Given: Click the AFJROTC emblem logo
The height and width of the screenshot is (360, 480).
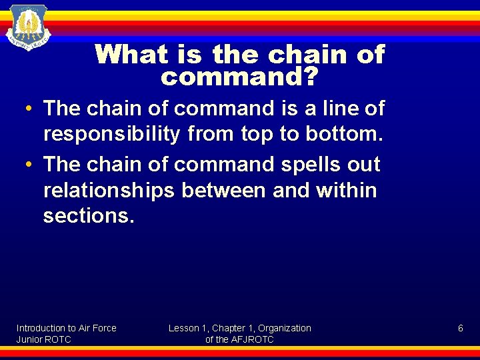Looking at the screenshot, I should tap(28, 26).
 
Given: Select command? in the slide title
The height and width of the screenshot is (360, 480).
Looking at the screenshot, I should tap(239, 77).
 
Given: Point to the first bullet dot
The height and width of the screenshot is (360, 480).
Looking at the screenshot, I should tap(31, 108).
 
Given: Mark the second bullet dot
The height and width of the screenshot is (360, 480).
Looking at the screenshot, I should tap(31, 164).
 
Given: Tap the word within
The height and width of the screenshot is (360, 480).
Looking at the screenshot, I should tap(346, 191).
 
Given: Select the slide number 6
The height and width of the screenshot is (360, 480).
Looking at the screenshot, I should tap(460, 328).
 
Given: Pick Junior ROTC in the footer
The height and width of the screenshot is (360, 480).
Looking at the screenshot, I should tap(44, 339).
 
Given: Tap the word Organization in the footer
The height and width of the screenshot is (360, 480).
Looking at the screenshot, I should tap(285, 328).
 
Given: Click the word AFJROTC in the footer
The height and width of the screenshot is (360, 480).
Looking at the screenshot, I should tap(251, 339).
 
